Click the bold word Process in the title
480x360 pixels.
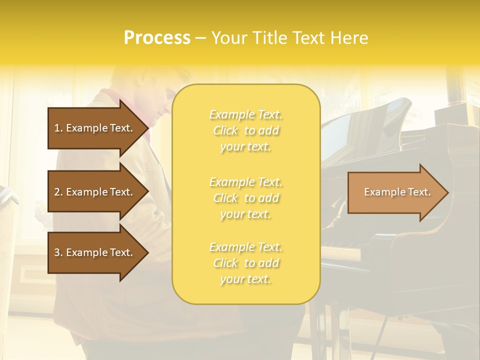pyautogui.click(x=157, y=38)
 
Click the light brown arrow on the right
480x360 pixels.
pyautogui.click(x=397, y=192)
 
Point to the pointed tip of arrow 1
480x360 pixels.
pyautogui.click(x=147, y=128)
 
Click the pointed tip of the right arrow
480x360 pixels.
pyautogui.click(x=446, y=192)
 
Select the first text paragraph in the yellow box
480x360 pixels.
pyautogui.click(x=245, y=130)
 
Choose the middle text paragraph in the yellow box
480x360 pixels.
pyautogui.click(x=245, y=198)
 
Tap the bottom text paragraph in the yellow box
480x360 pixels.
pyautogui.click(x=245, y=263)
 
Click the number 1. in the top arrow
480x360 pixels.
pyautogui.click(x=58, y=128)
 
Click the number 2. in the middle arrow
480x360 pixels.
pyautogui.click(x=58, y=192)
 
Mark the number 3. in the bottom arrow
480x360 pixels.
pyautogui.click(x=58, y=252)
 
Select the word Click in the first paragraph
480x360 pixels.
pyautogui.click(x=225, y=130)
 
